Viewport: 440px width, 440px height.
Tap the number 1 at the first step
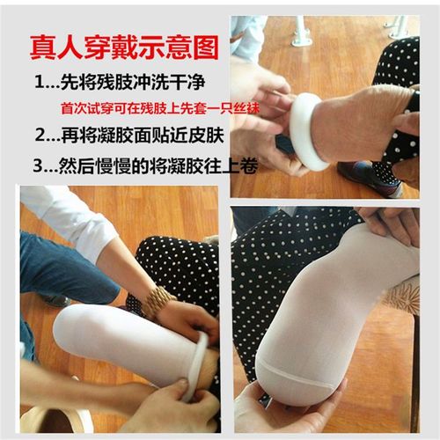[40, 84]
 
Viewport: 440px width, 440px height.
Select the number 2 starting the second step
[40, 137]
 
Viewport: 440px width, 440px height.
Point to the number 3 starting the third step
[40, 165]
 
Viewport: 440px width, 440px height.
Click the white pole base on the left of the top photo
[301, 36]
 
